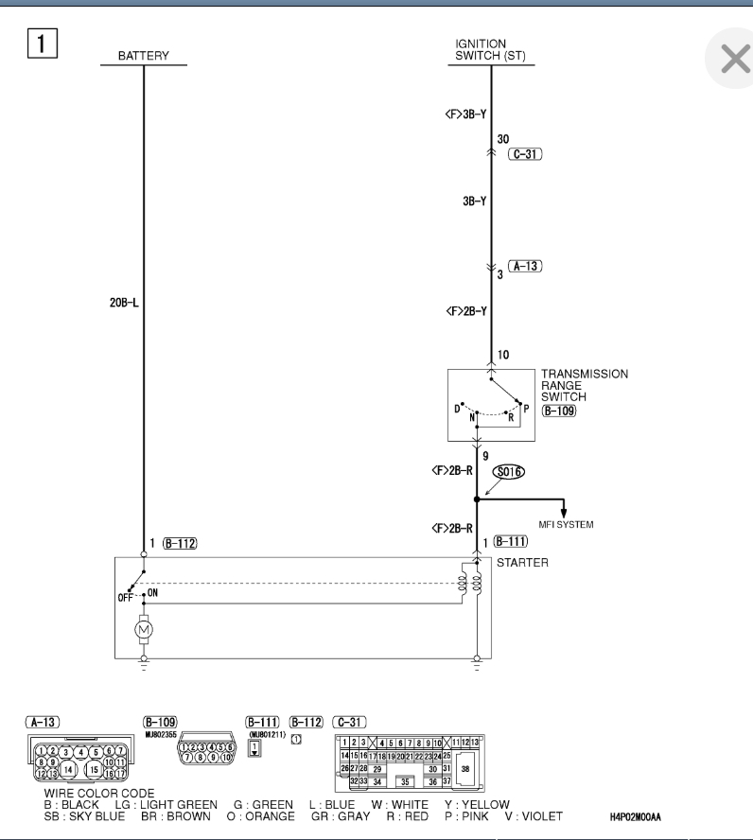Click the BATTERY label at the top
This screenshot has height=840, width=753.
click(x=143, y=56)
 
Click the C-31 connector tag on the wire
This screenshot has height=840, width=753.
click(x=524, y=153)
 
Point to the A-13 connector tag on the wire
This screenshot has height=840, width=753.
click(x=524, y=268)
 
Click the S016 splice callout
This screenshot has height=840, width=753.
click(x=509, y=470)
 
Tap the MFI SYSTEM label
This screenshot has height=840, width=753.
click(x=566, y=525)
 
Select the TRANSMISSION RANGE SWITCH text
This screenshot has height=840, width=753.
click(x=584, y=386)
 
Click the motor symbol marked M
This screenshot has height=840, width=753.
click(x=144, y=628)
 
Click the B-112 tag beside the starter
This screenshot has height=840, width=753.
click(x=180, y=543)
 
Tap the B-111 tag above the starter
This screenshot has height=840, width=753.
click(x=510, y=541)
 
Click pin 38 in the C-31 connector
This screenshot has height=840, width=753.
click(x=464, y=770)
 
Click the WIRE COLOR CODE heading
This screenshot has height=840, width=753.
click(x=99, y=793)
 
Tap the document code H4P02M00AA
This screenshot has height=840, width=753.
click(x=655, y=816)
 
